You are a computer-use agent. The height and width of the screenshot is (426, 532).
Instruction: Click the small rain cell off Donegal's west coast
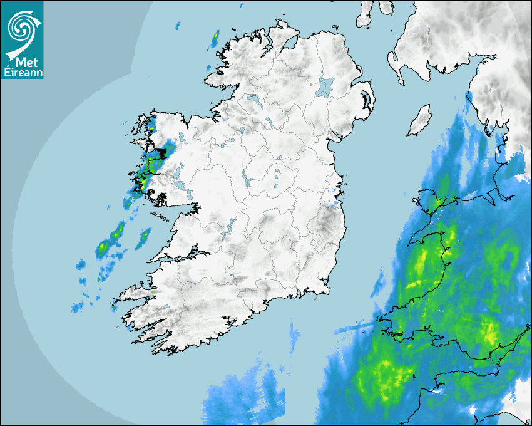click(215, 39)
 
